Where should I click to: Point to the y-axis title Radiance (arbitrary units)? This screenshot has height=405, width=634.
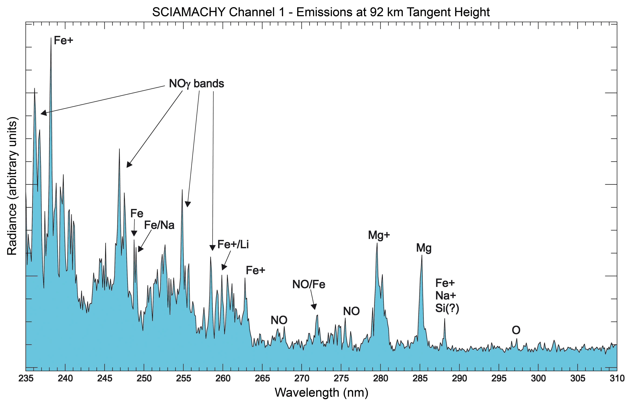pos(12,186)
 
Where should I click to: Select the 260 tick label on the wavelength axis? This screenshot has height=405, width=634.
pos(223,378)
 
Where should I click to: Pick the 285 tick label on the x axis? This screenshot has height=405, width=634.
pos(420,378)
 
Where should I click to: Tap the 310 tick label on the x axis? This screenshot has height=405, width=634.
pos(617,378)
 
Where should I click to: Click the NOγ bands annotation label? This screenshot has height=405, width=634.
pos(196,84)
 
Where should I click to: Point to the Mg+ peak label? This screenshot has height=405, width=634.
pos(379,235)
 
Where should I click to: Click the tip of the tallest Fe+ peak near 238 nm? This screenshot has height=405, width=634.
pos(51,38)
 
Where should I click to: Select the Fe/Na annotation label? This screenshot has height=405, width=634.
pos(159,225)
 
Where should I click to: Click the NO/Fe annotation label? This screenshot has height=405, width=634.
pos(309,284)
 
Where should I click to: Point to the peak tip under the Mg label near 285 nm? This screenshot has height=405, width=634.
pos(422,255)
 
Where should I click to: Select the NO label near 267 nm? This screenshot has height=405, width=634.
pos(279,320)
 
